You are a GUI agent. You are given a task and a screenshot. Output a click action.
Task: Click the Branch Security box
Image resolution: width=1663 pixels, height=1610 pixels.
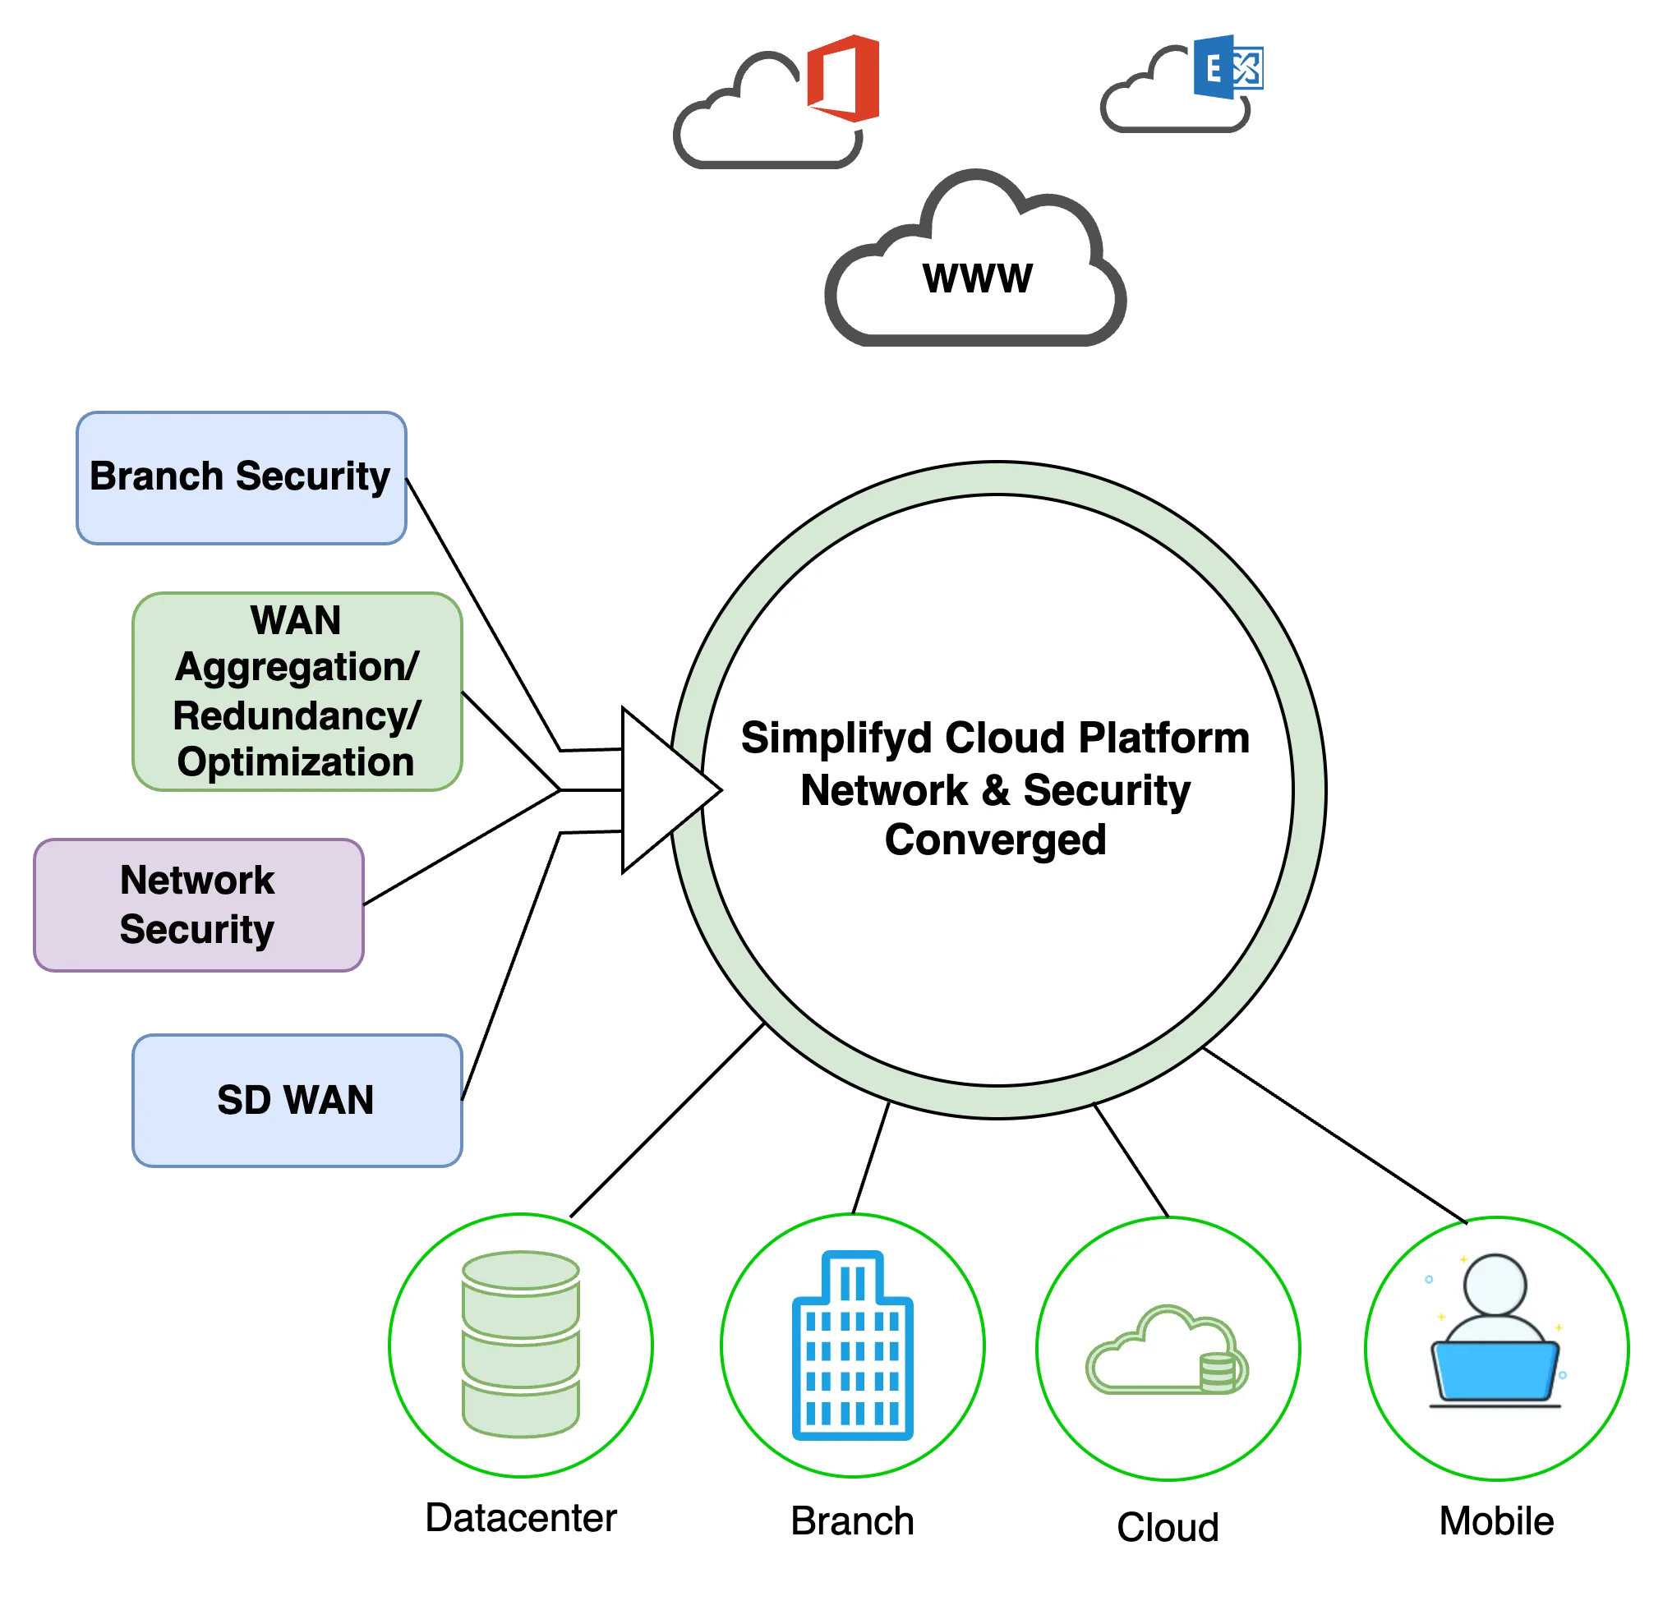[241, 477]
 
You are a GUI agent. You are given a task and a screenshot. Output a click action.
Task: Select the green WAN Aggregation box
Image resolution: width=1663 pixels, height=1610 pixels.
[297, 692]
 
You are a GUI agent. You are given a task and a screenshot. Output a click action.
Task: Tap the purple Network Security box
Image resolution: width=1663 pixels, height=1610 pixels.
[199, 904]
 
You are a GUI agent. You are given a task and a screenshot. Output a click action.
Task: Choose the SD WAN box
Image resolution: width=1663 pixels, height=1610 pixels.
[297, 1100]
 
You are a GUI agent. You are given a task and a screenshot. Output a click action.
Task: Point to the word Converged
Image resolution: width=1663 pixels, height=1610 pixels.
[995, 839]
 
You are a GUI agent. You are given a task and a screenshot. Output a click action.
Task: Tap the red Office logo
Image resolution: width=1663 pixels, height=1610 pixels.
[841, 78]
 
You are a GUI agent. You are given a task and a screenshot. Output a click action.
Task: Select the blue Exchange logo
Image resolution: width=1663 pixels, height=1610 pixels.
[1228, 68]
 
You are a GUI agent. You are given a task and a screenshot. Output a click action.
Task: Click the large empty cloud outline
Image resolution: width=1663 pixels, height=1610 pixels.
[976, 271]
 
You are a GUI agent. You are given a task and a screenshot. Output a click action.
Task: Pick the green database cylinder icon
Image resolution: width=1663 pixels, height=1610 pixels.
[520, 1345]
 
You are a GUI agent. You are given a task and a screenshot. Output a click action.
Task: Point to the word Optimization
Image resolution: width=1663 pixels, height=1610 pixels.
[295, 761]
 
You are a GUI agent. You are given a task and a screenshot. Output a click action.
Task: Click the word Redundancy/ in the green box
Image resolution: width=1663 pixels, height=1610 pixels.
[296, 715]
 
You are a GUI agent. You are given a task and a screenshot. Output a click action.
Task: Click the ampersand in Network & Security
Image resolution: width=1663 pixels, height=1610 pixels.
[994, 790]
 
